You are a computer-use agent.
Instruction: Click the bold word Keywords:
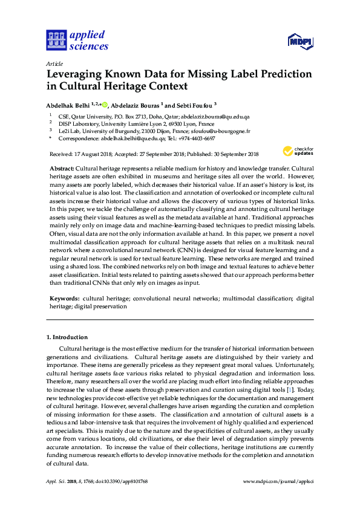[x=64, y=299]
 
